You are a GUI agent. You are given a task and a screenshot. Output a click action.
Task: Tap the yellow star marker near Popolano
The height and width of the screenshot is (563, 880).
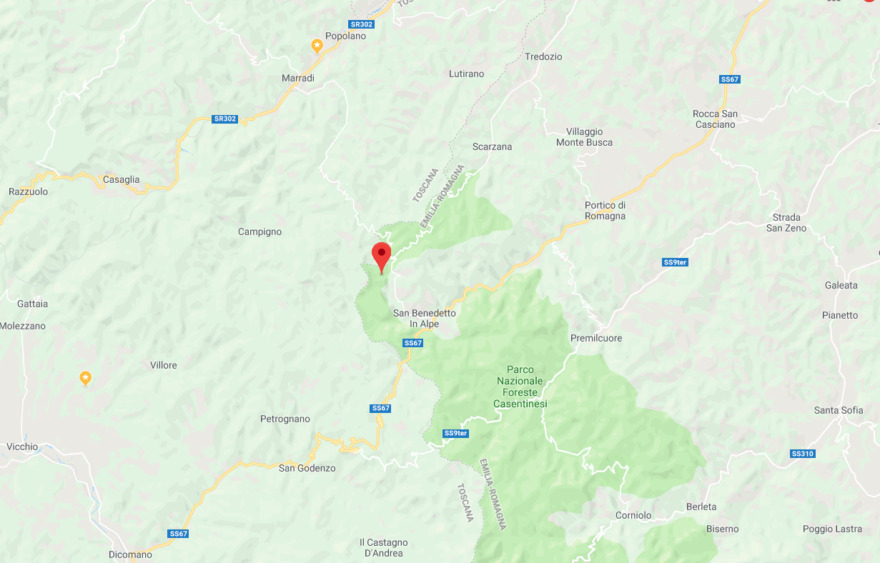[317, 46]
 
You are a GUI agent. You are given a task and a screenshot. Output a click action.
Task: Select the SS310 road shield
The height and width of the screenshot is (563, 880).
[803, 454]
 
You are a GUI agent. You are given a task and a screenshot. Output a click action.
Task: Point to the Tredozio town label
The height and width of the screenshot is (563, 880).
[543, 56]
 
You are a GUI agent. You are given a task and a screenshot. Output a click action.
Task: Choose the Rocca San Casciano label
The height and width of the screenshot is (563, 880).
[715, 119]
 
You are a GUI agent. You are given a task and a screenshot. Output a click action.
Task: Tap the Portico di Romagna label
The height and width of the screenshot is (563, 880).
[605, 211]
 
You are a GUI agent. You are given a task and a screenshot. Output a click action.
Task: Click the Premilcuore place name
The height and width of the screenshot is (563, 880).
[596, 338]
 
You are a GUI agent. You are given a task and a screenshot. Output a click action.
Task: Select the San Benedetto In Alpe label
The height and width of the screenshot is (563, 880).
[424, 319]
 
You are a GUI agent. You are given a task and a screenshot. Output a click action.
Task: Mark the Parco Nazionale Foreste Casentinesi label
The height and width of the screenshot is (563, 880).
[520, 387]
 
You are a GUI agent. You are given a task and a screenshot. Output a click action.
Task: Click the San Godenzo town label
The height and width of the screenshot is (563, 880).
[307, 468]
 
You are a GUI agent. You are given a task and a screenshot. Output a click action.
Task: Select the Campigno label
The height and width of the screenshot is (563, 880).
[259, 231]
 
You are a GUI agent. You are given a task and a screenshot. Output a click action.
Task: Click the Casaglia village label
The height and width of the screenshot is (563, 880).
[122, 179]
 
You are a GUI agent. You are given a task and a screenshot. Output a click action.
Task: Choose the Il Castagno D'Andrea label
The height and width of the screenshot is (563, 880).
[383, 548]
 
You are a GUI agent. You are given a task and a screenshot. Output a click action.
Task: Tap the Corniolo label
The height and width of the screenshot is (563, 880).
[633, 515]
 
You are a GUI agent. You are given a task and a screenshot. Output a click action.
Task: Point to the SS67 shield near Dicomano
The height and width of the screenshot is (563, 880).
[178, 534]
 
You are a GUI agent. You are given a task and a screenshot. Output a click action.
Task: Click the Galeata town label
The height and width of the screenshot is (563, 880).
[841, 285]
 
